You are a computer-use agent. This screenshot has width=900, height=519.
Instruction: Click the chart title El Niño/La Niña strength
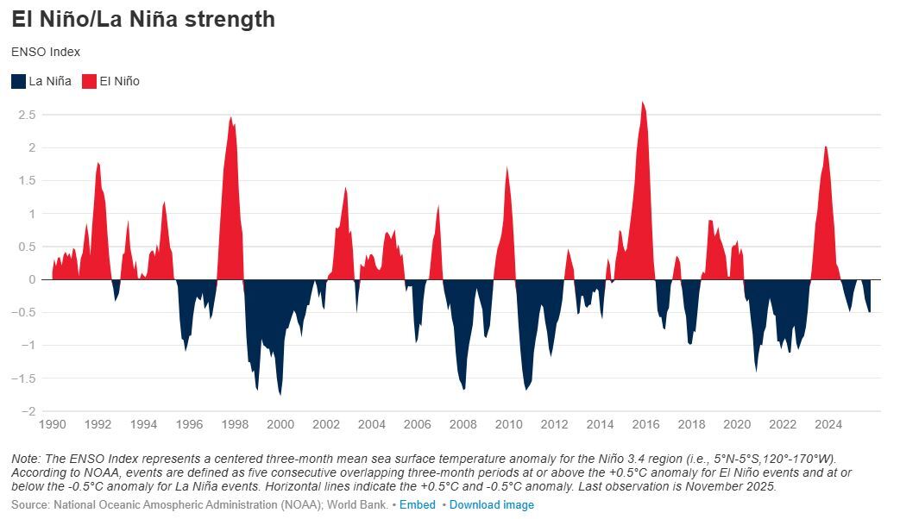pyautogui.click(x=143, y=19)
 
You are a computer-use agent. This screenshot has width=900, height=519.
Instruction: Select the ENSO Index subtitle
pyautogui.click(x=46, y=52)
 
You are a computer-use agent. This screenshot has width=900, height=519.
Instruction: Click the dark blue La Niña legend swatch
pyautogui.click(x=18, y=81)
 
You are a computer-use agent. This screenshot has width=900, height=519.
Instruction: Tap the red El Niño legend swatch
pyautogui.click(x=89, y=81)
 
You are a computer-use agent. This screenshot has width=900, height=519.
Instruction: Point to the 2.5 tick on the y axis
pyautogui.click(x=27, y=115)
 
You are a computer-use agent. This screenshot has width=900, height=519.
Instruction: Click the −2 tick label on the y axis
pyautogui.click(x=27, y=411)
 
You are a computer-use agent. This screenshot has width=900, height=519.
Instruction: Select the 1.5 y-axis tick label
pyautogui.click(x=27, y=180)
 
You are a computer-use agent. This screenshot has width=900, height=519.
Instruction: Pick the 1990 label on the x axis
pyautogui.click(x=53, y=424)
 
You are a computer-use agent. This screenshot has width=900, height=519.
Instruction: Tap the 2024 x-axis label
pyautogui.click(x=828, y=424)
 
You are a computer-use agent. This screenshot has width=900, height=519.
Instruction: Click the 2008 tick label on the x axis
pyautogui.click(x=463, y=424)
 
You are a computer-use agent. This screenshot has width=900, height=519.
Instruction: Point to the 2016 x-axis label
pyautogui.click(x=645, y=424)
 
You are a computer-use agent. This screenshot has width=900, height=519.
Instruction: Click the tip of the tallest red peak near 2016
pyautogui.click(x=643, y=103)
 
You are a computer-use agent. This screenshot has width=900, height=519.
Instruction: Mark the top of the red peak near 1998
pyautogui.click(x=230, y=117)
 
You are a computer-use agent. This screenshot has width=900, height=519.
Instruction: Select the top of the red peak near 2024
pyautogui.click(x=826, y=147)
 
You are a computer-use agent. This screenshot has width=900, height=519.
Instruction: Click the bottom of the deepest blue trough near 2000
pyautogui.click(x=280, y=394)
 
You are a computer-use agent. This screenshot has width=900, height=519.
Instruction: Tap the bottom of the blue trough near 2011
pyautogui.click(x=526, y=390)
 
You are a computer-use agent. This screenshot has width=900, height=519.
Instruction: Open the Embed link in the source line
pyautogui.click(x=418, y=504)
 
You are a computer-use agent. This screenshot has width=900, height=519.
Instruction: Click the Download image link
pyautogui.click(x=491, y=504)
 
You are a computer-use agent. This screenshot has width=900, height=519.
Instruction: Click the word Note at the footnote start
pyautogui.click(x=25, y=458)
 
